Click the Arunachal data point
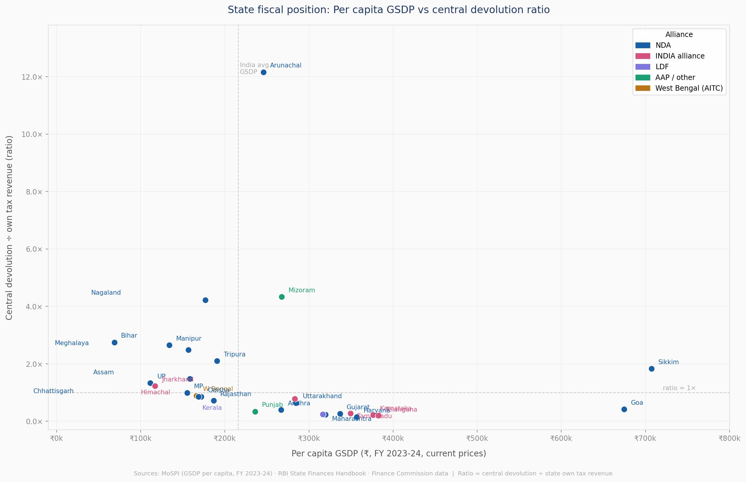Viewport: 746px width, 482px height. point(263,72)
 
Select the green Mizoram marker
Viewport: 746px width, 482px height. point(282,297)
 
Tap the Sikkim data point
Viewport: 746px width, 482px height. point(652,369)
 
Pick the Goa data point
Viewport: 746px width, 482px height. point(624,410)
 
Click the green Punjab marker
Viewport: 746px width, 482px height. point(255,412)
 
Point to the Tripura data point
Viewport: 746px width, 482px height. point(217,361)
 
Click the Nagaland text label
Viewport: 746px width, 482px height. point(106,293)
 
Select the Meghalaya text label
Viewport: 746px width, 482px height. point(72,343)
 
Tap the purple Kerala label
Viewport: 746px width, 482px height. point(212,407)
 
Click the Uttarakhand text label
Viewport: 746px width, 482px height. point(322,396)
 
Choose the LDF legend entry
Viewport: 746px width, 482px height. point(662,67)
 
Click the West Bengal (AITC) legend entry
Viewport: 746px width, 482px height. point(689,88)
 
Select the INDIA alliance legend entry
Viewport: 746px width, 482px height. point(680,56)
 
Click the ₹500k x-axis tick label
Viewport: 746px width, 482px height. point(477,438)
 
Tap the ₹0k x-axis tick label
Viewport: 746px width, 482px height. point(56,438)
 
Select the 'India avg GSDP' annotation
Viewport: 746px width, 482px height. point(254,69)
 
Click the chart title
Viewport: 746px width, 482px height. point(389,10)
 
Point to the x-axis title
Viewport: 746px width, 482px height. point(389,454)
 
